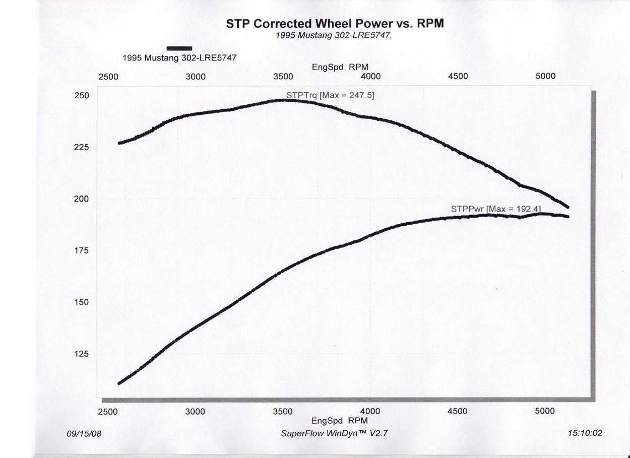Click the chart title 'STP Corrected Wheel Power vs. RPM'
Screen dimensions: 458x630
tap(335, 24)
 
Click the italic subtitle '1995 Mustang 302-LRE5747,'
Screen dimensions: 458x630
tap(334, 36)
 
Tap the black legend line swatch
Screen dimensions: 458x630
tap(179, 48)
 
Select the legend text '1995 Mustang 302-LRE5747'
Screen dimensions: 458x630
tap(179, 57)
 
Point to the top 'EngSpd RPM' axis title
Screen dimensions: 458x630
tap(340, 67)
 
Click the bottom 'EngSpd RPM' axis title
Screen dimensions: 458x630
tap(340, 420)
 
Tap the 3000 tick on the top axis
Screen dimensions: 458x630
tap(196, 77)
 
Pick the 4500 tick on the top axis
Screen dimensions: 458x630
tap(458, 77)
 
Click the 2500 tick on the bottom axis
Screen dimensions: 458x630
tap(108, 412)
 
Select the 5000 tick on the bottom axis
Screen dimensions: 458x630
tap(545, 412)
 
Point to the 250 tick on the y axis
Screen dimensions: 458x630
tap(82, 96)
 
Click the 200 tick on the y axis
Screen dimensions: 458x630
tap(82, 199)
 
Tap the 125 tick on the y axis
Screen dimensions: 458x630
tap(82, 354)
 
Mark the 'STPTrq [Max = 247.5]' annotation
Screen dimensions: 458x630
tap(330, 95)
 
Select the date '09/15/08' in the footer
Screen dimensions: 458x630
tap(84, 433)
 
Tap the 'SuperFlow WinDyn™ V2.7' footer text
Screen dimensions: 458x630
tap(335, 433)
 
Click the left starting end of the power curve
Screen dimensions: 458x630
tap(119, 383)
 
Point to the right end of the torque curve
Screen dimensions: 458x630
tap(568, 207)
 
